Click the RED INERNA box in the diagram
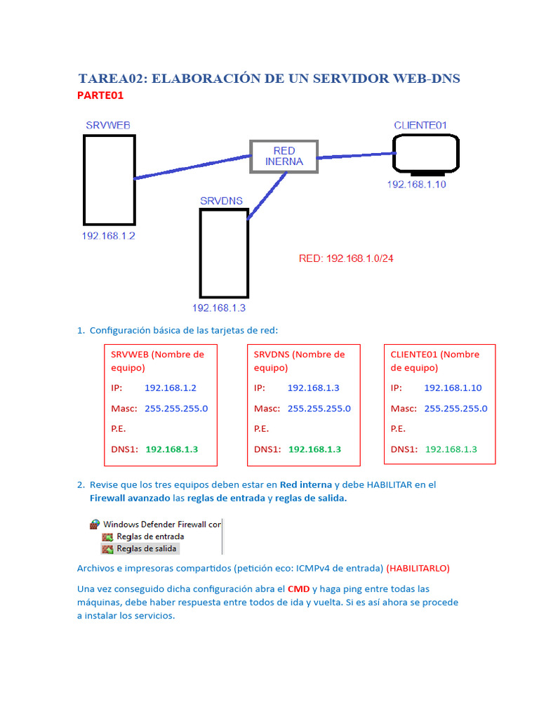tap(284, 156)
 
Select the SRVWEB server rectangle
tap(109, 179)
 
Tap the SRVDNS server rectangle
tap(224, 253)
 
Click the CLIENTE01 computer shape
tap(426, 154)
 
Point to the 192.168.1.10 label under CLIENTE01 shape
tap(417, 185)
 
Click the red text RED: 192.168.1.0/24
tap(346, 258)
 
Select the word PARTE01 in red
tap(100, 95)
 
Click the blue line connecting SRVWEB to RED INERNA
tap(193, 167)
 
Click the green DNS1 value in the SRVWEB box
tap(172, 449)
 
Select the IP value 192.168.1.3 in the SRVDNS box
tap(314, 388)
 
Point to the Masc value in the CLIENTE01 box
tap(455, 409)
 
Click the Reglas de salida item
tap(147, 548)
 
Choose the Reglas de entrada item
tap(150, 536)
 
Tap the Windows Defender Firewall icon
tap(95, 524)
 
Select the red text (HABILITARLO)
tap(418, 567)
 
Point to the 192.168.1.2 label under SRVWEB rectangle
tap(108, 236)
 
